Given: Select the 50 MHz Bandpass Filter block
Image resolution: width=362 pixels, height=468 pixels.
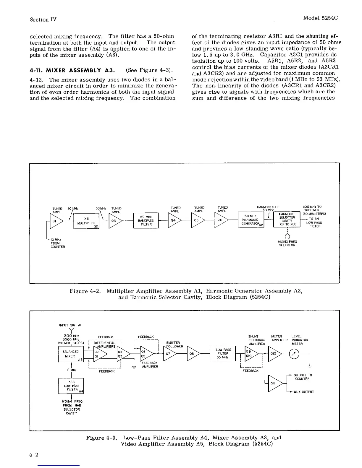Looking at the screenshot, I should point(146,221).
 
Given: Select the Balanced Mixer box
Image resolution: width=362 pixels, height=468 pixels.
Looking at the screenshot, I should point(71,354).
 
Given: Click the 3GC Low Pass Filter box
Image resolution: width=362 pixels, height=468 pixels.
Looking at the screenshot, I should point(71,386).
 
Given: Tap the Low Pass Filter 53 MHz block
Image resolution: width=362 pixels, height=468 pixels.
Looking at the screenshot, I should point(223,353).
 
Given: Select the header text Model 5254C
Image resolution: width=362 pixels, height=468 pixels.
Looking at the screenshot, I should point(320,18).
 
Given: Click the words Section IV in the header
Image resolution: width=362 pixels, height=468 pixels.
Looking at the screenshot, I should point(43,19).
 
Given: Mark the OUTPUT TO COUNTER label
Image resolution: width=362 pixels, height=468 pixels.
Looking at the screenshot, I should point(303,377).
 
